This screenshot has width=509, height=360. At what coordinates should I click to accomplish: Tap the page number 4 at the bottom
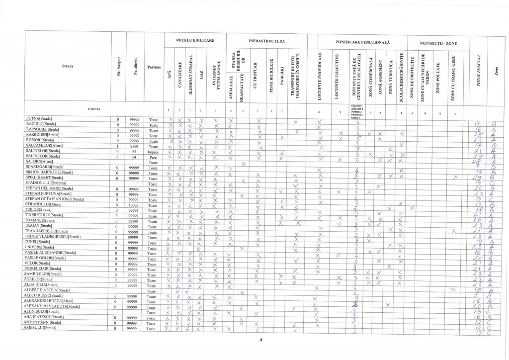(x=260, y=340)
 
